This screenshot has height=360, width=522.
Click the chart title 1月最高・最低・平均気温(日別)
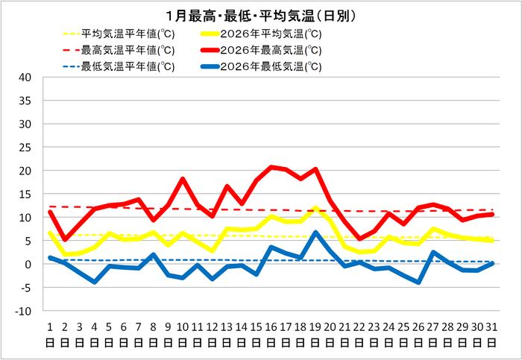coord(261,16)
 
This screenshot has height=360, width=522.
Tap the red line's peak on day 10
coord(183,179)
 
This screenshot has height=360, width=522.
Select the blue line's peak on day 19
coord(315,233)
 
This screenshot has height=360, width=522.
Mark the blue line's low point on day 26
coord(419,282)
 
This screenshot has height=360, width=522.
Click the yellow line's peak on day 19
coord(315,208)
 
